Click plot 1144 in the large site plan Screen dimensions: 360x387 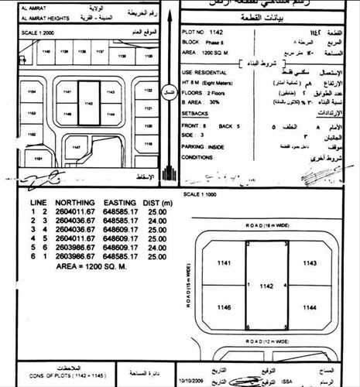click(x=310, y=307)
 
